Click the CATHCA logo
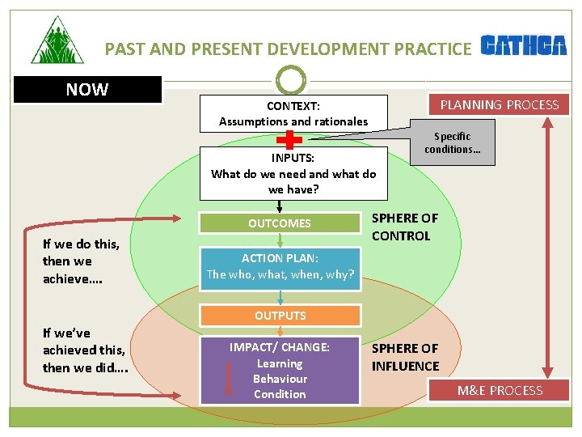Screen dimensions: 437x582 (524, 46)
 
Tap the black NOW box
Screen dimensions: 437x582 (87, 90)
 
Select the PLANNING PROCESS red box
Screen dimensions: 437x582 (499, 104)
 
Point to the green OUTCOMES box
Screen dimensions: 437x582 (280, 223)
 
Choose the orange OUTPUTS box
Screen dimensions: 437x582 (280, 316)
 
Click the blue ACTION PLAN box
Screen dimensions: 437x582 (280, 266)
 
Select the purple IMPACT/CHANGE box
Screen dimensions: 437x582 (280, 370)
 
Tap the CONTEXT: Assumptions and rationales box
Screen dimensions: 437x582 (293, 114)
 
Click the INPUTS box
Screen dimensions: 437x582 (293, 173)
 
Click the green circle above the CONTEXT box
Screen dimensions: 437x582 (291, 80)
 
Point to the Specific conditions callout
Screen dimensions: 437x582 (452, 143)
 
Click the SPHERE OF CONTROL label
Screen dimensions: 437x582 (404, 227)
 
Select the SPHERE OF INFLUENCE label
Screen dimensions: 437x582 (405, 357)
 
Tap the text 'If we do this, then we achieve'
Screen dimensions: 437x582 (82, 261)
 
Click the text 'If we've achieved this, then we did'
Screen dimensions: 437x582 (85, 350)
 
